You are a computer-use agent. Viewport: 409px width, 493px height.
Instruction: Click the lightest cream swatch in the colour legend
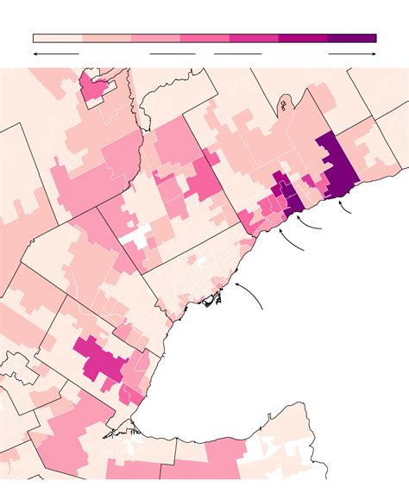pyautogui.click(x=57, y=38)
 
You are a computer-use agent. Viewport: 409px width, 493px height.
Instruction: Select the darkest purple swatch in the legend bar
pyautogui.click(x=352, y=38)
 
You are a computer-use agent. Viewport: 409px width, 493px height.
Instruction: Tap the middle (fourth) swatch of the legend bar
pyautogui.click(x=204, y=38)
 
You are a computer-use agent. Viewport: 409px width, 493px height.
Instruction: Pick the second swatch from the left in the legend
pyautogui.click(x=106, y=38)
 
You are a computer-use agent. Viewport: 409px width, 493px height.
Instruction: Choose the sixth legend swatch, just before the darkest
pyautogui.click(x=303, y=38)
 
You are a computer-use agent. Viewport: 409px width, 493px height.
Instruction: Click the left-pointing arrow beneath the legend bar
pyautogui.click(x=55, y=53)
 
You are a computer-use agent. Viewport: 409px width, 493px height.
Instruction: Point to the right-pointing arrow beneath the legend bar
pyautogui.click(x=352, y=53)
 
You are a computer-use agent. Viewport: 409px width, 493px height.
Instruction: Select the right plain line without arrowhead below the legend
pyautogui.click(x=237, y=53)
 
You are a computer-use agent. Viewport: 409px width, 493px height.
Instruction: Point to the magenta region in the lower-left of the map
pyautogui.click(x=102, y=360)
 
